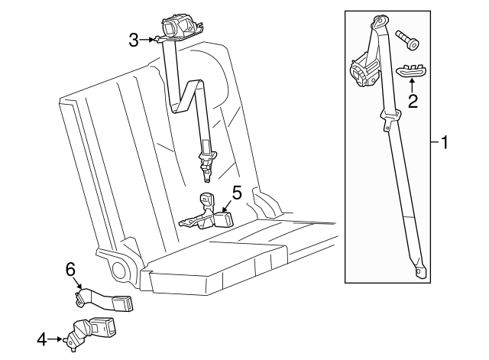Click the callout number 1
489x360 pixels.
pos(444,142)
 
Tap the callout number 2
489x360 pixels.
pos(413,101)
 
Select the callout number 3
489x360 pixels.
pos(134,41)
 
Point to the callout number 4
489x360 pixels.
pos(42,339)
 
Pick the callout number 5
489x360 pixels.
pos(237,193)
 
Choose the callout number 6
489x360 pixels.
pos(70,269)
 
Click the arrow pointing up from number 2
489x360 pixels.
pos(412,86)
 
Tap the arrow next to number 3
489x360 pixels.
pos(147,40)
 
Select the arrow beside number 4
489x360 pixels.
pos(56,339)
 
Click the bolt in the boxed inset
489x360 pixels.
pos(407,41)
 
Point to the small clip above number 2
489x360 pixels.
pos(412,70)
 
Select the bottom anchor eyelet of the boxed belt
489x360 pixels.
pos(421,271)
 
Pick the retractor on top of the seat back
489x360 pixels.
pos(180,29)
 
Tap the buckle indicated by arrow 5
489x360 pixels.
pos(223,219)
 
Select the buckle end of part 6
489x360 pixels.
pos(122,304)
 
